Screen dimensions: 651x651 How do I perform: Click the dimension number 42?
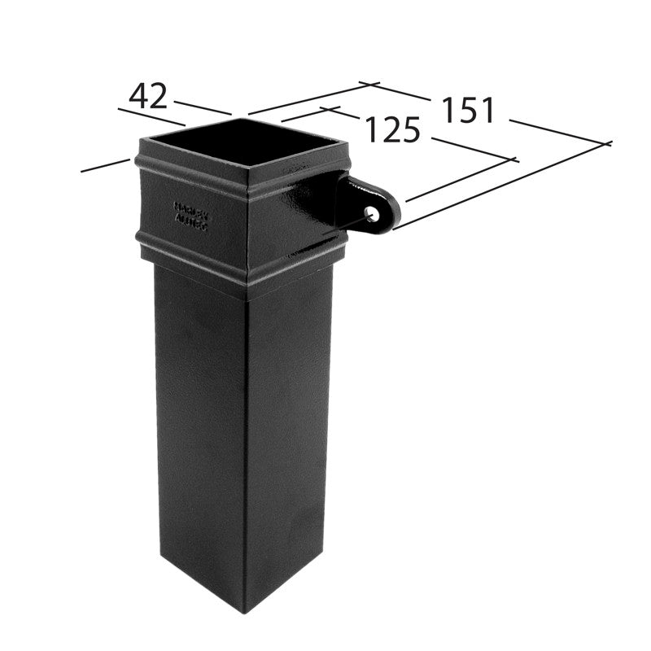tap(148, 97)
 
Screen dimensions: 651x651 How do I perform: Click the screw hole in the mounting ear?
tap(371, 213)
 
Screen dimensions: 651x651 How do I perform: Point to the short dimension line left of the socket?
tap(106, 165)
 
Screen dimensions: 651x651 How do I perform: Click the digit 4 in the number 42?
tap(138, 97)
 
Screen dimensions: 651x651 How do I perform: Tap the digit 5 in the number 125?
tap(409, 130)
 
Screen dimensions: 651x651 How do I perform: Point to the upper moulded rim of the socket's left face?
tap(191, 167)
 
